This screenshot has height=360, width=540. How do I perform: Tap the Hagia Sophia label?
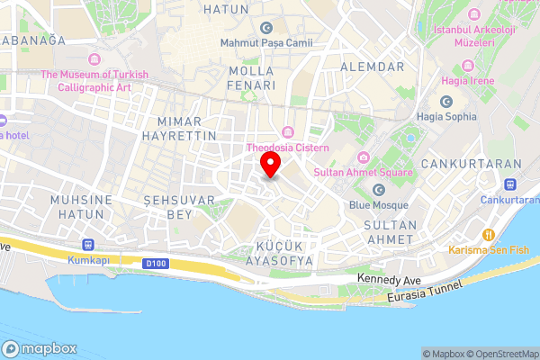coord(447,116)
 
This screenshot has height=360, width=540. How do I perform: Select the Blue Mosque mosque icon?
coord(379,189)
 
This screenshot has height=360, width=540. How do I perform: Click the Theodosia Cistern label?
coord(288,148)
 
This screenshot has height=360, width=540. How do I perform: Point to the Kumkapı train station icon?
coord(87,244)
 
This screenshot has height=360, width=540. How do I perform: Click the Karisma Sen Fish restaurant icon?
coord(488,233)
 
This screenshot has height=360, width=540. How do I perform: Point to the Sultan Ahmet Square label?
coord(363,172)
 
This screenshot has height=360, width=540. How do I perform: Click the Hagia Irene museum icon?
coord(467,66)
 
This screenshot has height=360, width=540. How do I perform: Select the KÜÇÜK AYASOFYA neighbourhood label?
coord(273,253)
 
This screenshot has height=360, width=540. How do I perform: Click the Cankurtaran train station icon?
coord(510,184)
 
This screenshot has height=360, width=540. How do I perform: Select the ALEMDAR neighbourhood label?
coord(373,67)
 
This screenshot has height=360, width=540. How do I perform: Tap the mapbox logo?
coord(40,348)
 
